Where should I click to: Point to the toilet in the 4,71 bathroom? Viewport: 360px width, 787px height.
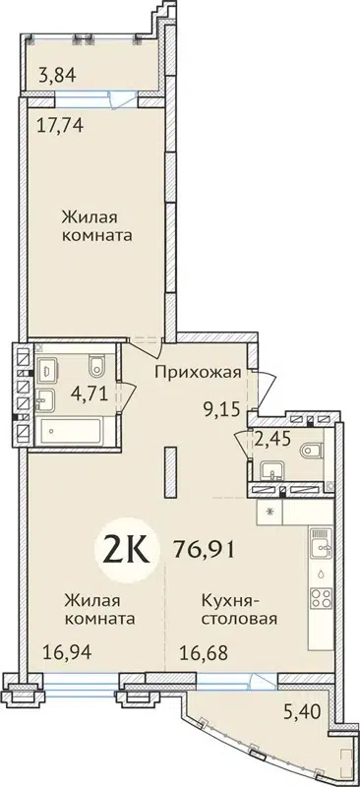click(94, 368)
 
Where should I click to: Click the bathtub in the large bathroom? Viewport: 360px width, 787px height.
click(72, 430)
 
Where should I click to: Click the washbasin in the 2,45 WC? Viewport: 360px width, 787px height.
click(267, 483)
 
